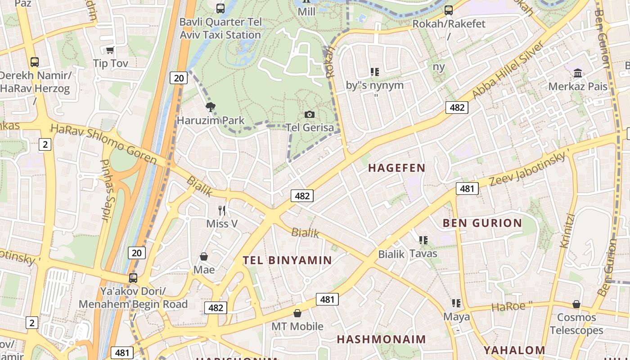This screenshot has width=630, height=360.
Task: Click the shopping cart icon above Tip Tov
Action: pos(110,50)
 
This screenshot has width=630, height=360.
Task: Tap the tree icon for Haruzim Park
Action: pos(210,107)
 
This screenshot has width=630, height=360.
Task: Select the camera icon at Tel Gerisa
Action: pos(310,114)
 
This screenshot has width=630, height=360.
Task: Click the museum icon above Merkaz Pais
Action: pos(578,73)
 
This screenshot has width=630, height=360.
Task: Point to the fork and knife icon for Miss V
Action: pos(221,210)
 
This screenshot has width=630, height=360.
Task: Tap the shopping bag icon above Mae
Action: pos(204,256)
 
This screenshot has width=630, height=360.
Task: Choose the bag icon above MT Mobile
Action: pos(297,313)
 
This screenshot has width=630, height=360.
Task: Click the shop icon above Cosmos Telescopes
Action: pos(576,304)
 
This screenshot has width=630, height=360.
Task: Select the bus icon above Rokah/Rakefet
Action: pos(448,10)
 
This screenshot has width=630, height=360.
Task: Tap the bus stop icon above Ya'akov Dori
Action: pos(133,278)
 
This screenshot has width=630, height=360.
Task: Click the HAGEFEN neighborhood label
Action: pos(396,168)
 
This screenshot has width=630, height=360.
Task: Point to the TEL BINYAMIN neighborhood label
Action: pos(287,260)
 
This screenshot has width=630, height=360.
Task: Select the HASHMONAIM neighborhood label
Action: pos(381,339)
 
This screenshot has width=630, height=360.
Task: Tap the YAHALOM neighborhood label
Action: pos(514,350)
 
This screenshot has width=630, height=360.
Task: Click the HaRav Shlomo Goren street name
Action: pos(103,144)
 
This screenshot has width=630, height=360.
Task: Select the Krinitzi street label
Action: pos(567,230)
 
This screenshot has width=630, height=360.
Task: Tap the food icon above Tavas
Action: pos(423,240)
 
